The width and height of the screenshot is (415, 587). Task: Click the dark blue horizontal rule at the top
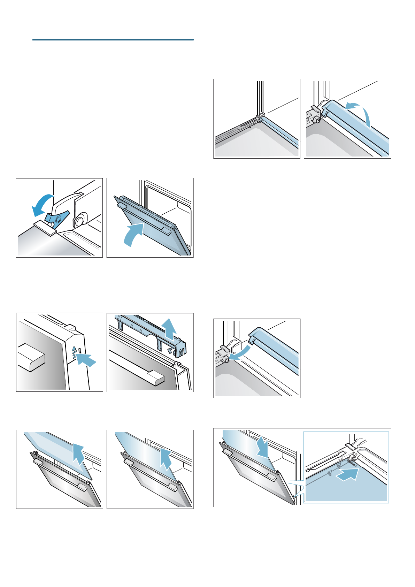tap(113, 40)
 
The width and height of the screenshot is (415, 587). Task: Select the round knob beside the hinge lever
tap(80, 221)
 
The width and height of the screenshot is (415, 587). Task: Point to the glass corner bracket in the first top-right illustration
tap(260, 116)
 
